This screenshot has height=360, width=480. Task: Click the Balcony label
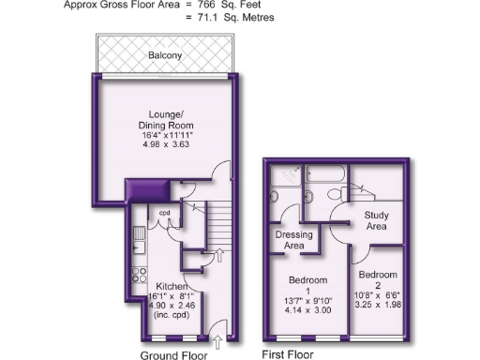[x=165, y=56]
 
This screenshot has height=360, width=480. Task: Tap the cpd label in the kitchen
[x=164, y=212]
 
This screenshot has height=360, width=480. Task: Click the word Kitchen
[x=173, y=286]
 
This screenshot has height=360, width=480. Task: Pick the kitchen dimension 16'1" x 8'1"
[x=173, y=296]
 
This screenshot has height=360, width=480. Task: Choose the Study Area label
[x=375, y=220]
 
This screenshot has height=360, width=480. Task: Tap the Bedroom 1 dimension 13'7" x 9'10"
[x=307, y=300]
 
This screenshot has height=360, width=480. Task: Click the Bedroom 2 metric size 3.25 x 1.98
[x=378, y=304]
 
